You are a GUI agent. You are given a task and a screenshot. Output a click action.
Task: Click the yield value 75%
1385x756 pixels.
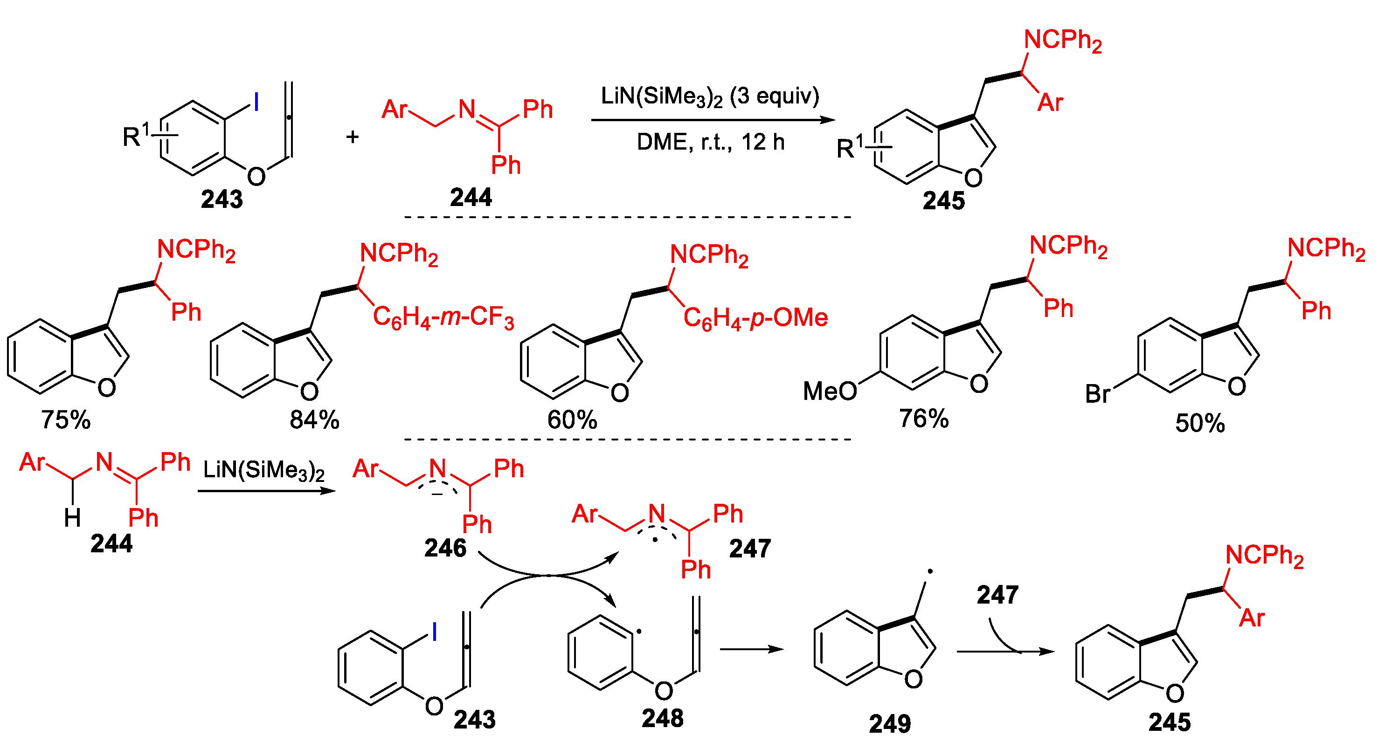pos(66,419)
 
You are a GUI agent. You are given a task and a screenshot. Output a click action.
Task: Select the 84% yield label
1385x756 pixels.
pos(314,419)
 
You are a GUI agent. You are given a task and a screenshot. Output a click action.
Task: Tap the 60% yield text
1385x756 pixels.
pos(572,419)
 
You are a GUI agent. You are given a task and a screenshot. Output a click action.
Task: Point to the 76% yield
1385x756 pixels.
pos(924,418)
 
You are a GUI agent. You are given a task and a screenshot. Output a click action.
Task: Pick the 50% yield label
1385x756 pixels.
pos(1199,423)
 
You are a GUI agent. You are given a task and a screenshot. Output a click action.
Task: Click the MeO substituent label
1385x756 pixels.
pos(830,391)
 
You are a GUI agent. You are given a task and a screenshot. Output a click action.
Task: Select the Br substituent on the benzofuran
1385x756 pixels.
pos(1097,394)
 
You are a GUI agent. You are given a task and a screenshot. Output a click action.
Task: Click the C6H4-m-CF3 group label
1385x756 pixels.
pos(443,317)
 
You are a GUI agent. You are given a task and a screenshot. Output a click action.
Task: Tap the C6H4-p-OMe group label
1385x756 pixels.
pos(755,318)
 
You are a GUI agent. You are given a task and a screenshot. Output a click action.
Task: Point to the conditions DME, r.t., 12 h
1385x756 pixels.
pos(710,142)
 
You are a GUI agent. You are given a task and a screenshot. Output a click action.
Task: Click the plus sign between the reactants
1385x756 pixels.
pos(352,137)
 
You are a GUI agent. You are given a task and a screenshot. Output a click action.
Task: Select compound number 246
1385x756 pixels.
pos(445,548)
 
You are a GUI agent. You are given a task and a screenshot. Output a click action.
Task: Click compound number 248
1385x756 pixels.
pos(662,718)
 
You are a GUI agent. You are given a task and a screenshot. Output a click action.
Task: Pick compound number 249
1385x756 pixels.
pos(890,724)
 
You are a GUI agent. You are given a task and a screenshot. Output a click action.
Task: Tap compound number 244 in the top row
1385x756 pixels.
pos(471,197)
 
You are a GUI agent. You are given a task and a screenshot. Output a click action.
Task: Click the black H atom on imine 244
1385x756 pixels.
pos(73,518)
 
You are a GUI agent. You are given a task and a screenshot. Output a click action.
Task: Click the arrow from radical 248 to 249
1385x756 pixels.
pos(751,649)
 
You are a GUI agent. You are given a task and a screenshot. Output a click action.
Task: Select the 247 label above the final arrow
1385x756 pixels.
pos(997,595)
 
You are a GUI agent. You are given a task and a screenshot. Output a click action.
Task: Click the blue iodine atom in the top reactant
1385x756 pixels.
pos(256,102)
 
